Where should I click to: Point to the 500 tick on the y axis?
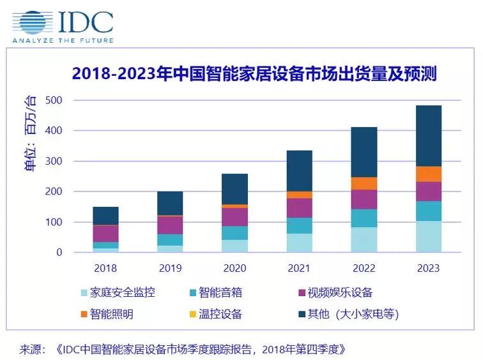coord(53,100)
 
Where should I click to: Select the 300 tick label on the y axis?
coord(53,161)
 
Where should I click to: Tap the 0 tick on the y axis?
coord(59,253)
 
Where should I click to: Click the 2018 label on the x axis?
coord(106,268)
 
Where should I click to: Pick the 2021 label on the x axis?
coord(299,268)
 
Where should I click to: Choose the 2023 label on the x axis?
coord(428,268)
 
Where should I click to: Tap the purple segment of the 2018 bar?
coord(106,234)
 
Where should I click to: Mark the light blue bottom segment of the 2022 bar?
coord(364,240)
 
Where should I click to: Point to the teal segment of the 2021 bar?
coord(299,225)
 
